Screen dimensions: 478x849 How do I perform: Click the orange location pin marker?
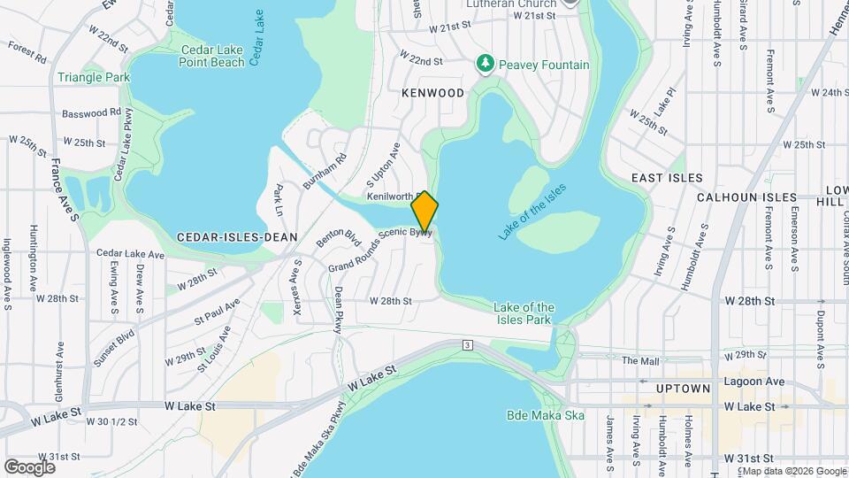pyautogui.click(x=424, y=211)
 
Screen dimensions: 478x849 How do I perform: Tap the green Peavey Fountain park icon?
pyautogui.click(x=484, y=64)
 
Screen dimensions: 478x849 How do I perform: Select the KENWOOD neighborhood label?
pyautogui.click(x=432, y=93)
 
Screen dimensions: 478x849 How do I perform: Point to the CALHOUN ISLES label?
pyautogui.click(x=746, y=198)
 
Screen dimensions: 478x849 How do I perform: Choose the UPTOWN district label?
pyautogui.click(x=684, y=389)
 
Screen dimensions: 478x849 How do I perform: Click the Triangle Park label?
pyautogui.click(x=94, y=77)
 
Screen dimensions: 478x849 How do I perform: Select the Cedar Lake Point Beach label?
pyautogui.click(x=211, y=56)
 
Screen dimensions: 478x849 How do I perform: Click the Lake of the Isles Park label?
pyautogui.click(x=524, y=313)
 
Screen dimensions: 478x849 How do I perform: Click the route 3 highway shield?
pyautogui.click(x=466, y=344)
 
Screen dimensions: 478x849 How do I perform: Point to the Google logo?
pyautogui.click(x=29, y=466)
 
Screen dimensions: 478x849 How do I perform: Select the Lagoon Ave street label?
pyautogui.click(x=753, y=381)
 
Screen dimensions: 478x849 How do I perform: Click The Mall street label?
pyautogui.click(x=640, y=360)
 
